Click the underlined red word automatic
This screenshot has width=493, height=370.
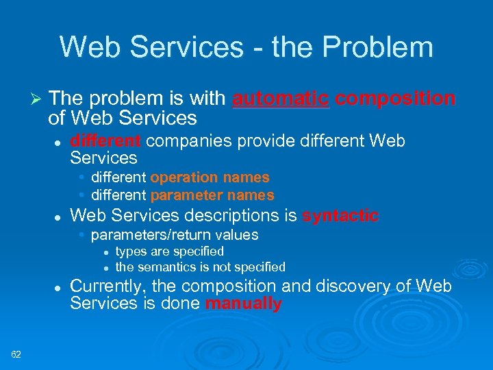tap(281, 99)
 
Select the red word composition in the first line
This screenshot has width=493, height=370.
tap(395, 99)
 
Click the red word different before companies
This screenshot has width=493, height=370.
tap(105, 141)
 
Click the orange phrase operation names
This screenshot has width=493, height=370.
tap(210, 177)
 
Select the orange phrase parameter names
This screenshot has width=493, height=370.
tap(212, 195)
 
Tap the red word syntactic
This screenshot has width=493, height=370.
tap(340, 216)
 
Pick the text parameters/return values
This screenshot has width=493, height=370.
tap(174, 235)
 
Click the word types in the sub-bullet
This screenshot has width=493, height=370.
tap(130, 251)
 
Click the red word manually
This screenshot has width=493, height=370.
tap(243, 304)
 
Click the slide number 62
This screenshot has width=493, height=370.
tap(16, 354)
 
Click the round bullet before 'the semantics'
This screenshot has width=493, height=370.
tap(107, 267)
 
